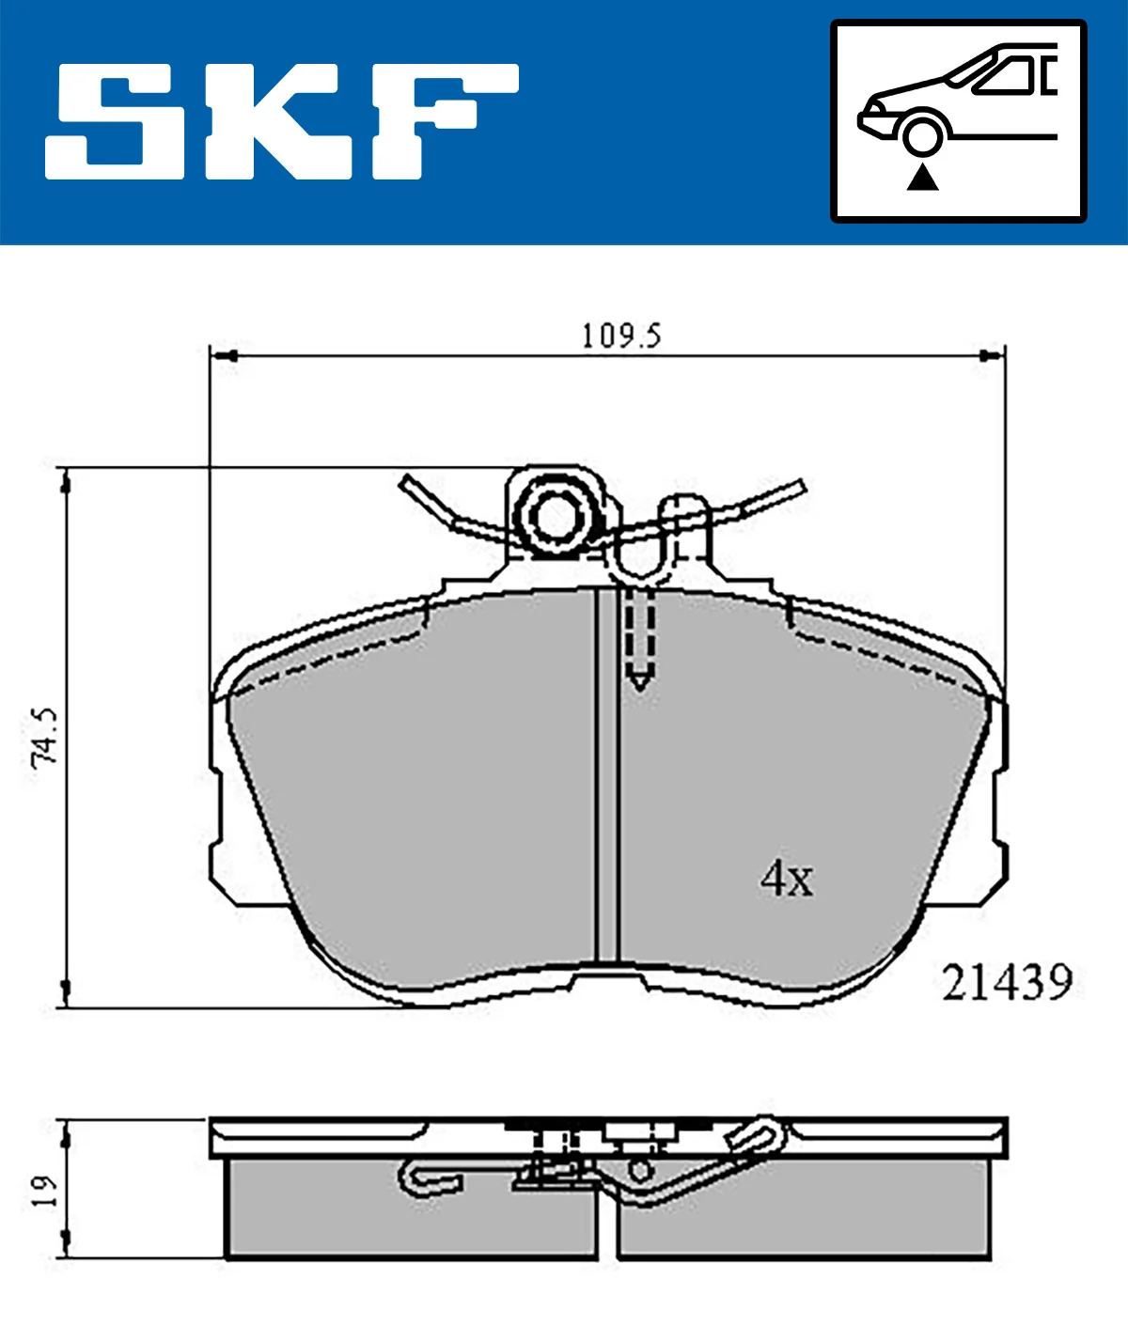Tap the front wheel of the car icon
[x=921, y=134]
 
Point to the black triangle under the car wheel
[x=922, y=177]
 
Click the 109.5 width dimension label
[x=620, y=335]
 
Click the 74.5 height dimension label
[x=45, y=738]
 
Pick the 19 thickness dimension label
[x=45, y=1190]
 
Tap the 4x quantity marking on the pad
[x=786, y=879]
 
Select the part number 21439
[x=1007, y=983]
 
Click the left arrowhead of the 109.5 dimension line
[x=222, y=356]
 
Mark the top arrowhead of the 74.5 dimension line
[x=65, y=481]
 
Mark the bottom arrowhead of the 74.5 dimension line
[x=65, y=994]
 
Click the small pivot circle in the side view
[x=639, y=1171]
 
